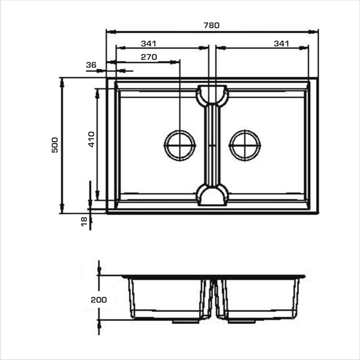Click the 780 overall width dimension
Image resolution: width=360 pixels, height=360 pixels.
click(211, 25)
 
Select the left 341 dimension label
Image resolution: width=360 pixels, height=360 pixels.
click(149, 43)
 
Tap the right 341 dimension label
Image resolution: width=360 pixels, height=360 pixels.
click(281, 43)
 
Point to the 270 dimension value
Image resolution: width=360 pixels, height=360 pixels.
click(149, 57)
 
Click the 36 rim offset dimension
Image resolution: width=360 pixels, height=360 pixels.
click(91, 65)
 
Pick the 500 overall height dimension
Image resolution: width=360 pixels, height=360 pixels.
click(55, 145)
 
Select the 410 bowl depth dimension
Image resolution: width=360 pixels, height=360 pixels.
click(91, 139)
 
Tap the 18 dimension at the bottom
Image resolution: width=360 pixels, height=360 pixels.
click(84, 221)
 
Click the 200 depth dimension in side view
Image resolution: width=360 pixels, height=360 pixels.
click(99, 299)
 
